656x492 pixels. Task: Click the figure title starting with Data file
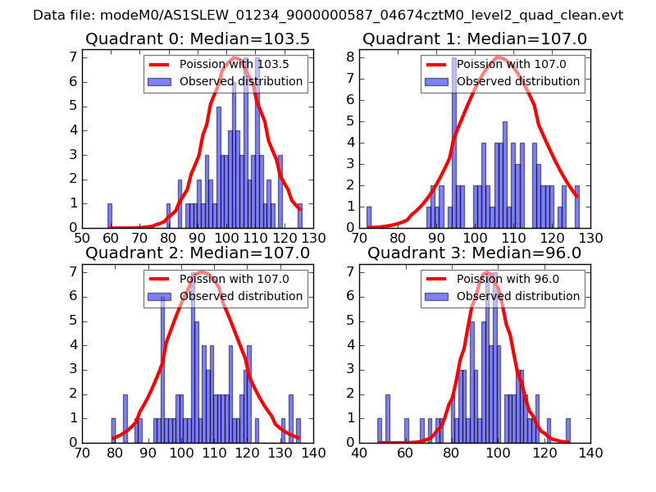coord(328,16)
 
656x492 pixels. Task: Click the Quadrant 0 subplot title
coord(198,39)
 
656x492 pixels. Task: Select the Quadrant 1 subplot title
coord(475,39)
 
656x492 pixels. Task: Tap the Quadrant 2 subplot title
coord(198,253)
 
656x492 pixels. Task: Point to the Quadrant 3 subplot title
coord(475,253)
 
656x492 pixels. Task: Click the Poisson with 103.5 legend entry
coord(222,65)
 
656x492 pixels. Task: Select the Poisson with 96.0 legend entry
coord(499,279)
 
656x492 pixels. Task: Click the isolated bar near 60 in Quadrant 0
coord(110,216)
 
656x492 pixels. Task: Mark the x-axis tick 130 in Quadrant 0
coord(313,238)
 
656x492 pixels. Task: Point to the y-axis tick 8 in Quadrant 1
coord(351,57)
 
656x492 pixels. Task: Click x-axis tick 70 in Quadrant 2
coord(83,452)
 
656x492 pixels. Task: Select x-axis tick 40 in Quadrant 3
coord(360,452)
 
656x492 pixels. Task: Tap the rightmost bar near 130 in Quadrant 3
coord(567,430)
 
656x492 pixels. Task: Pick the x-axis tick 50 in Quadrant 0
coord(83,238)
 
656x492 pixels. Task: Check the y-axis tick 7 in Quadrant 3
coord(351,271)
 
